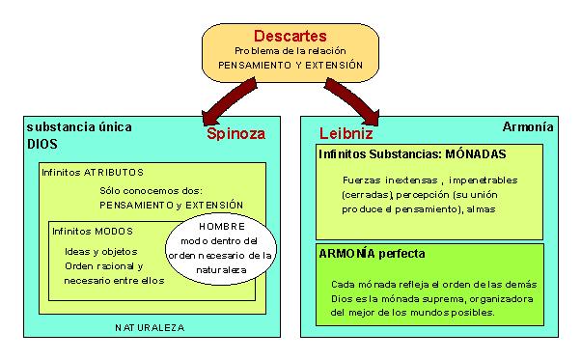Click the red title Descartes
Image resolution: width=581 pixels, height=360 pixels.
(x=290, y=36)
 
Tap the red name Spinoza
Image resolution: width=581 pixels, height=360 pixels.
(x=235, y=135)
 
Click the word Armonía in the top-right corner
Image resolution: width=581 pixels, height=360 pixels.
(x=528, y=126)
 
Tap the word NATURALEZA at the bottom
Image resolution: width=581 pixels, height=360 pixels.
(x=150, y=327)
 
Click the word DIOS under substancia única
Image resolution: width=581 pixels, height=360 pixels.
(x=41, y=144)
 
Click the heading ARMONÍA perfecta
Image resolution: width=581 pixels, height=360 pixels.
(x=373, y=254)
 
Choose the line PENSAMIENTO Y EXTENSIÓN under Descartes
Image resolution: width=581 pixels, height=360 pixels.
(x=290, y=66)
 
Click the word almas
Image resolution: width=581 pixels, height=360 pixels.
(x=508, y=208)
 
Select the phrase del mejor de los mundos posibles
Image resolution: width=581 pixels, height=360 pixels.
(x=412, y=312)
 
